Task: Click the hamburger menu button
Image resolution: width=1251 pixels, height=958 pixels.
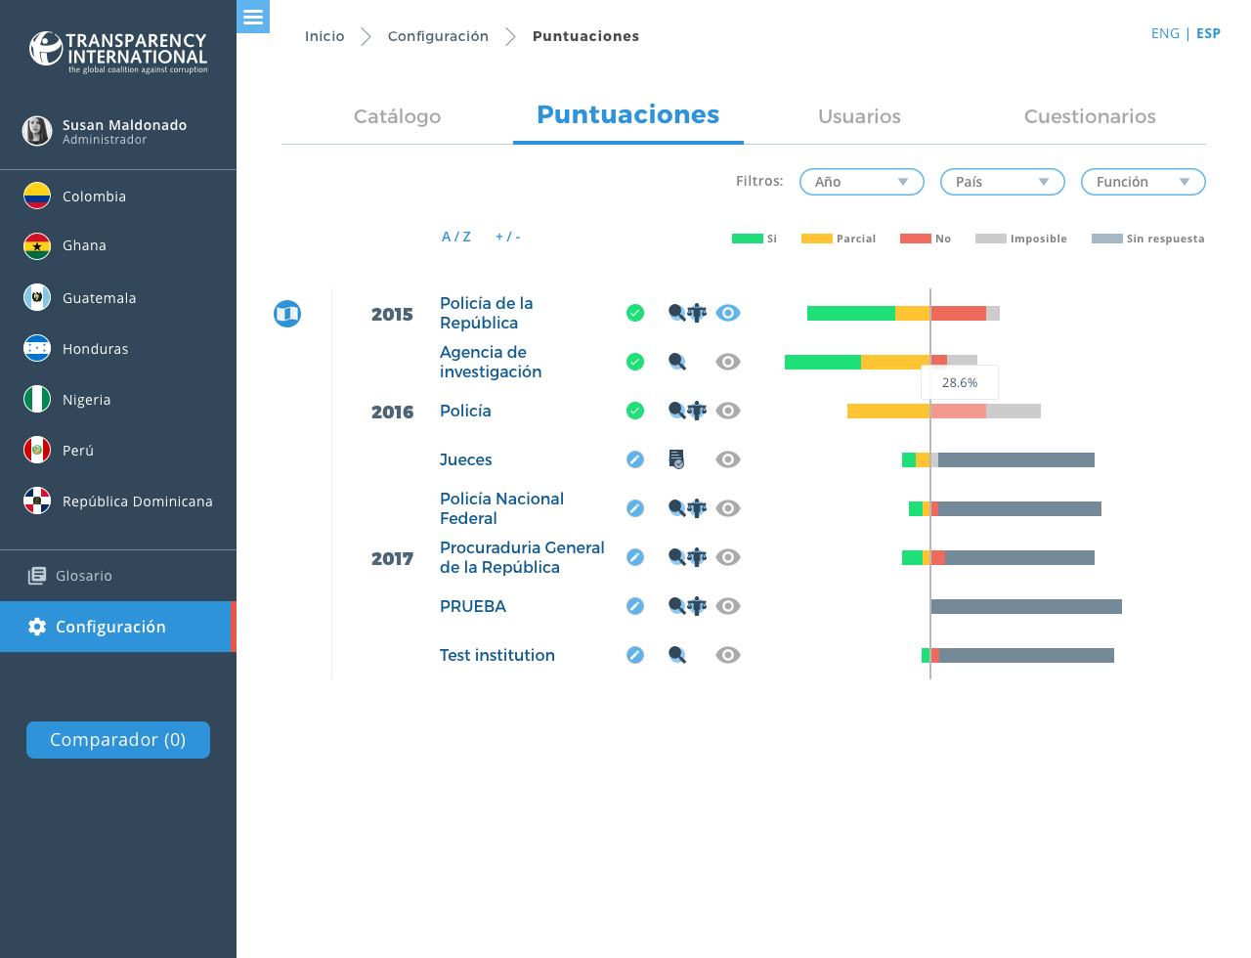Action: click(253, 17)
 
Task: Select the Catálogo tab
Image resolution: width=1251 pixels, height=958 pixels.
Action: click(397, 116)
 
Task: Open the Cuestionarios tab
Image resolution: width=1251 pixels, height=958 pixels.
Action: click(1090, 116)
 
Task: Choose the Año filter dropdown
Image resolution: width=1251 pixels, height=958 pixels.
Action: click(861, 182)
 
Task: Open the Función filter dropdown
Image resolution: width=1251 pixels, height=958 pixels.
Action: click(1143, 182)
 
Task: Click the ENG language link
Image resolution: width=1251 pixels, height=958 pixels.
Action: click(1165, 33)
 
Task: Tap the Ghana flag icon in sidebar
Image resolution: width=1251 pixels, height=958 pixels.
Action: click(37, 245)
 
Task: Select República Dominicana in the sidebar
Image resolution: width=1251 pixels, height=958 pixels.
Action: click(137, 501)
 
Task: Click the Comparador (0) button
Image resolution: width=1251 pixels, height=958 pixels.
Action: click(118, 740)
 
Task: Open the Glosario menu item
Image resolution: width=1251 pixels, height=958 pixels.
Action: click(83, 576)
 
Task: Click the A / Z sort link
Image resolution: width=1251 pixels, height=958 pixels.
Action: click(456, 237)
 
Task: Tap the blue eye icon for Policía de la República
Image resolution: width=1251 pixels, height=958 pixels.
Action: click(728, 313)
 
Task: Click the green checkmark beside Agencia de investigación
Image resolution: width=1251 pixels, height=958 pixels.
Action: click(635, 362)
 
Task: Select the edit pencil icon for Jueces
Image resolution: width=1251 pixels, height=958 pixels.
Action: click(635, 459)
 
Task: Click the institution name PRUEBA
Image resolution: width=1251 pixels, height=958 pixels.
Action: click(473, 606)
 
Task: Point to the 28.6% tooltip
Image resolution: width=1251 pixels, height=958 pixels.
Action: click(960, 383)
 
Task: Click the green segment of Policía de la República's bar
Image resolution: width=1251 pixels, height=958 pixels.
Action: click(850, 313)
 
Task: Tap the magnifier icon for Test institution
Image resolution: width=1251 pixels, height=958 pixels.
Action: click(677, 655)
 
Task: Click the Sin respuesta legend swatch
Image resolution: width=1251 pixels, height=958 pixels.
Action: click(1106, 239)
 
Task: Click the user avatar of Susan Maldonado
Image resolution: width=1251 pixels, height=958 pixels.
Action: click(37, 131)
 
